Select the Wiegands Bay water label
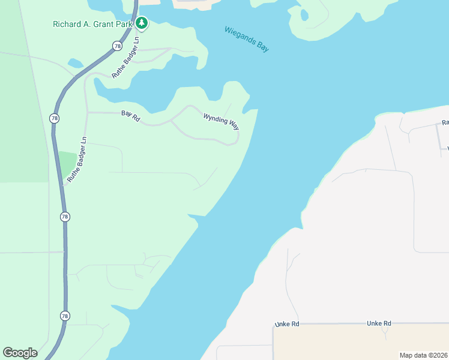(x=246, y=39)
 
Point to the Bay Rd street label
(x=130, y=116)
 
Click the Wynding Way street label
(x=221, y=119)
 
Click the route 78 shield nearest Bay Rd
(x=55, y=118)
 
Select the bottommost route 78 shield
(x=64, y=315)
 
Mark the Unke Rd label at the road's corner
(x=287, y=324)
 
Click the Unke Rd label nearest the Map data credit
(x=379, y=323)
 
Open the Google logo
(x=20, y=352)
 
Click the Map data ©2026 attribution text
(x=423, y=355)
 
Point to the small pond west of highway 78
(x=76, y=63)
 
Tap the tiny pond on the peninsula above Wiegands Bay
(x=304, y=14)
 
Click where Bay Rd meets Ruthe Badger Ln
(x=87, y=112)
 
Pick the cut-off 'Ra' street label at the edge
(x=445, y=123)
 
